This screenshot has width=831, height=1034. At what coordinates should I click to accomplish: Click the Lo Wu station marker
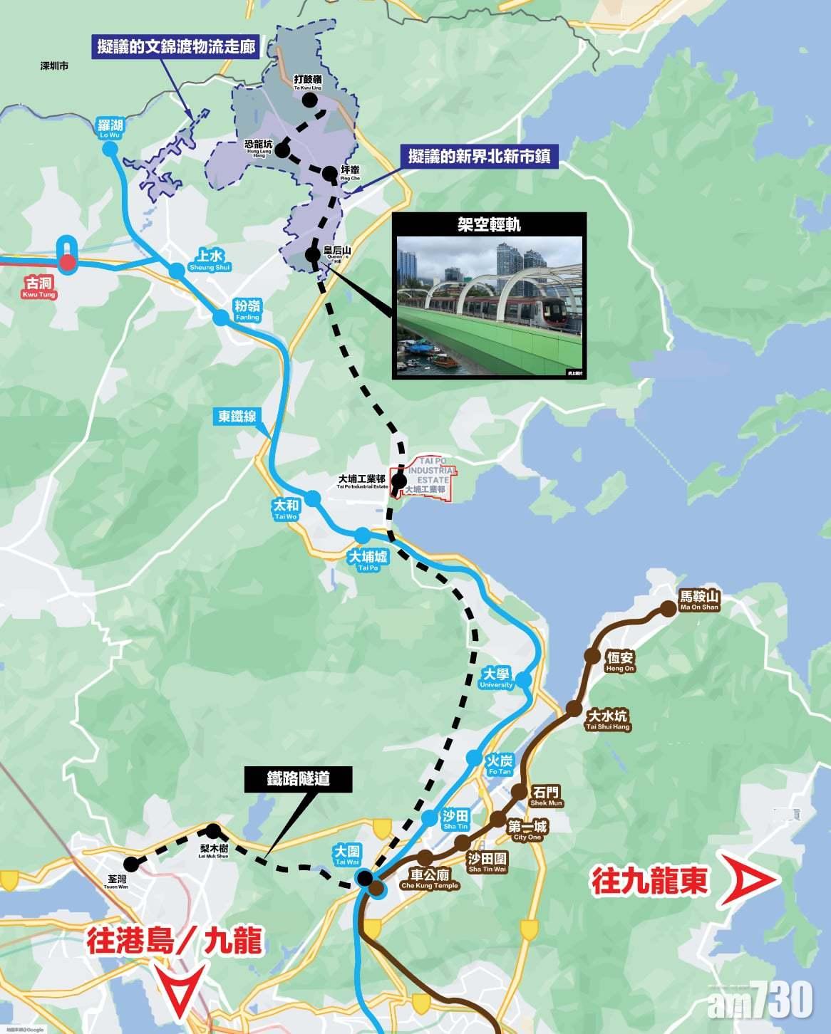110,149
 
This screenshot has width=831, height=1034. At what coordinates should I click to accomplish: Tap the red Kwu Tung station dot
67,264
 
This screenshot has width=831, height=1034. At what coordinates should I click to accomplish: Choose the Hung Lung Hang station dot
282,150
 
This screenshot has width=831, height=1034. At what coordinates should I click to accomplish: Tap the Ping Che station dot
329,173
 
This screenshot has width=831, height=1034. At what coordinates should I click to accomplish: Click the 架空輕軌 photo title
490,224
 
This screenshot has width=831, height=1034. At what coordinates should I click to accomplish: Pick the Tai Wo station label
286,508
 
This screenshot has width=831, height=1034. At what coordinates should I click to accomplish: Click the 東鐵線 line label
237,416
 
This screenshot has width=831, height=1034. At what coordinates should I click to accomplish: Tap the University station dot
524,680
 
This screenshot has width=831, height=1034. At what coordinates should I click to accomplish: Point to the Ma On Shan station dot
668,609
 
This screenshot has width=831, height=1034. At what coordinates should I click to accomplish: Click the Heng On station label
619,661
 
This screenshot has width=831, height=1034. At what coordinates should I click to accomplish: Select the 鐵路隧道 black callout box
299,779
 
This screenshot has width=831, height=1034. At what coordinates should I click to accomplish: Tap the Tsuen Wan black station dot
133,862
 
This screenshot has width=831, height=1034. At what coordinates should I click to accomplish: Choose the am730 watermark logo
760,1000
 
